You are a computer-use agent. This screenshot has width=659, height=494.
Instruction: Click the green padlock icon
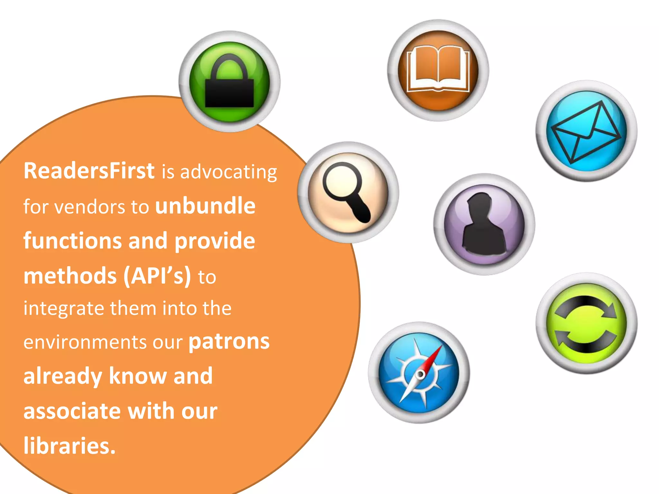click(x=229, y=82)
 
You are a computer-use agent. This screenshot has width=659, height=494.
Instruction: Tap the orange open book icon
click(x=438, y=70)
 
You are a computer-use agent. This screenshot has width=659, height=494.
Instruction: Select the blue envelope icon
click(x=586, y=131)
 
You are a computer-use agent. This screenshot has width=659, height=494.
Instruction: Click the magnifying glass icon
click(x=348, y=192)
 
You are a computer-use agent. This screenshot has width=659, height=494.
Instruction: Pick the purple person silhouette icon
click(x=484, y=224)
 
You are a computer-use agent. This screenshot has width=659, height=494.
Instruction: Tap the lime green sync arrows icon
click(x=586, y=323)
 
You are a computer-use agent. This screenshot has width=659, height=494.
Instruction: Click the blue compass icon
click(x=419, y=373)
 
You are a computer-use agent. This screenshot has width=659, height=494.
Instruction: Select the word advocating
click(x=228, y=172)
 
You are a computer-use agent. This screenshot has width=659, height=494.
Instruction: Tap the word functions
click(x=72, y=241)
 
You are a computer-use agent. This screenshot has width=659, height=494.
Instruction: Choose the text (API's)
click(x=157, y=276)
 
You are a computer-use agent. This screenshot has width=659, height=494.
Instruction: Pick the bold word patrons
click(x=229, y=342)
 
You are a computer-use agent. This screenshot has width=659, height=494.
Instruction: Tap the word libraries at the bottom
click(x=69, y=446)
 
